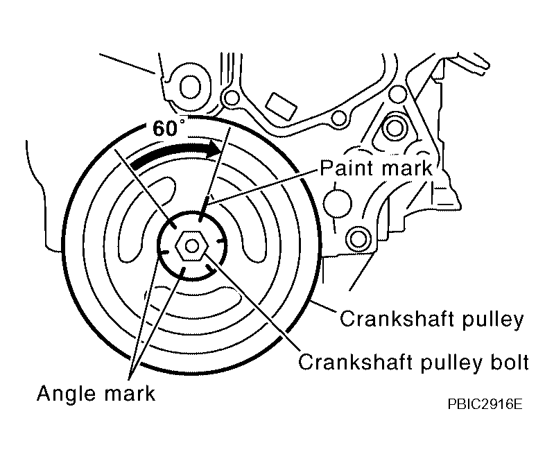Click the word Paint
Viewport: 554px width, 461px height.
347,168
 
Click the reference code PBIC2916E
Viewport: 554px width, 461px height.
485,404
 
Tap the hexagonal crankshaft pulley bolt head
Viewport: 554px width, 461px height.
192,246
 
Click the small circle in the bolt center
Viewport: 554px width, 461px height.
192,246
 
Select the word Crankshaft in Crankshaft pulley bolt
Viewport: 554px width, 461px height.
354,361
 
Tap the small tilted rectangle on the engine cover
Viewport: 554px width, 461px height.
281,107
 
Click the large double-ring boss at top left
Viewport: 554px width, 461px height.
191,87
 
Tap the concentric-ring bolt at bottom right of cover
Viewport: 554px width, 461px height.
358,238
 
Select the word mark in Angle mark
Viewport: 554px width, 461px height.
130,393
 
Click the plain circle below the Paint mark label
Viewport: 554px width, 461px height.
338,203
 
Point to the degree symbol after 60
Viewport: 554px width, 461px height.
182,121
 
